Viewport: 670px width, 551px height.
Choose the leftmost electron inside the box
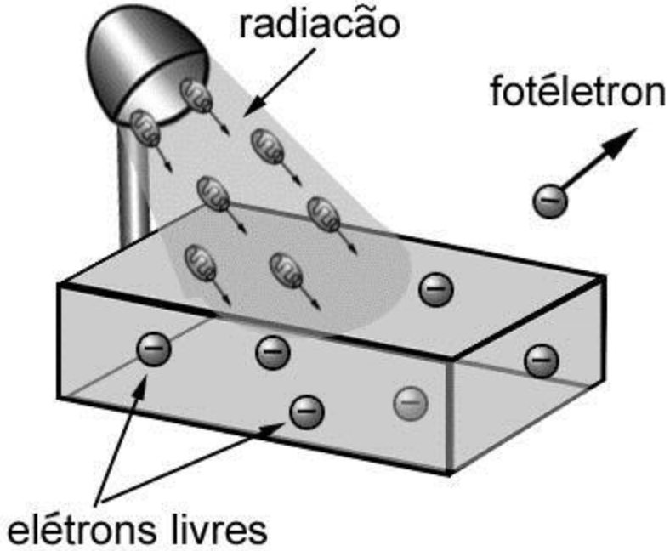(x=155, y=347)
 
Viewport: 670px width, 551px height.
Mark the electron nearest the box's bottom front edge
(x=306, y=412)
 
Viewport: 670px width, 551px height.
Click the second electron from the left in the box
(x=272, y=349)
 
